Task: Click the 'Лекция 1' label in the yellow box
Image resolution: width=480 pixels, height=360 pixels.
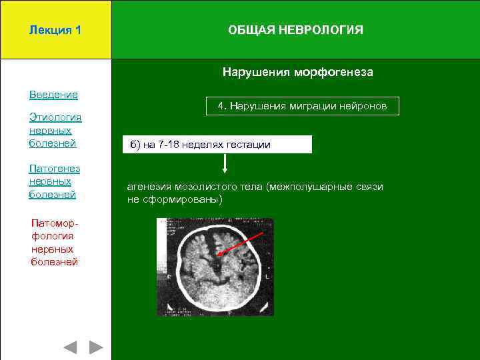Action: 55,30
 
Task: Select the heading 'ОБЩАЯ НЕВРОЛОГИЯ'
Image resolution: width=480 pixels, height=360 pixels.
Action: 295,30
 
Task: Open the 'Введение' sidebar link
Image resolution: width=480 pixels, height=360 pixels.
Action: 53,95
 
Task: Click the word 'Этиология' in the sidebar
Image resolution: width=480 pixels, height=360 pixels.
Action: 55,118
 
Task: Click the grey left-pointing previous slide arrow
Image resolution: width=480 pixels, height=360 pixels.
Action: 70,347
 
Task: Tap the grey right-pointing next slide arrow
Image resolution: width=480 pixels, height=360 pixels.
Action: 97,347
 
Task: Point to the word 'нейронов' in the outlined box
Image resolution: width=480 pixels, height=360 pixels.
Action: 365,106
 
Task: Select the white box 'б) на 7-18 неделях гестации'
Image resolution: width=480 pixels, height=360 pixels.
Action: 217,145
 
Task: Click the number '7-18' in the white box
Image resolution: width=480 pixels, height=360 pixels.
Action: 173,145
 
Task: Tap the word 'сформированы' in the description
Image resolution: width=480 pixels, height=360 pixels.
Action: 187,199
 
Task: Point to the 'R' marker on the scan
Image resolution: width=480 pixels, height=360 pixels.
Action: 169,275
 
